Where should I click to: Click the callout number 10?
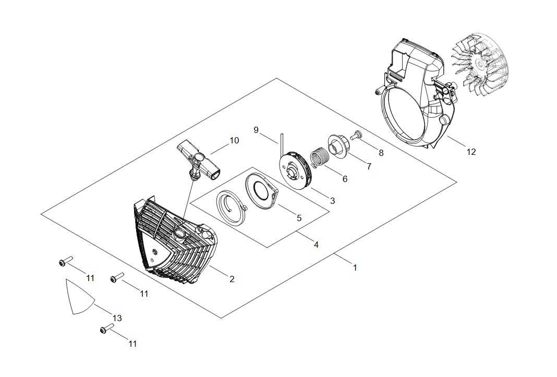pyautogui.click(x=234, y=141)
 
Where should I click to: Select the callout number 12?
pyautogui.click(x=471, y=152)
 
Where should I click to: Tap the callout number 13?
pyautogui.click(x=117, y=318)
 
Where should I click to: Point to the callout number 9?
pyautogui.click(x=256, y=130)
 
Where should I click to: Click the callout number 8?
pyautogui.click(x=381, y=153)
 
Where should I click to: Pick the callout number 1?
pyautogui.click(x=355, y=267)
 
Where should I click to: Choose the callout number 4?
pyautogui.click(x=316, y=244)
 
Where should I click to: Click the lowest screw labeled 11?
pyautogui.click(x=106, y=330)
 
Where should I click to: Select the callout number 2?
pyautogui.click(x=232, y=279)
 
